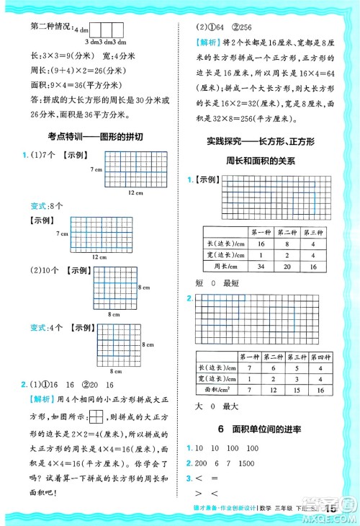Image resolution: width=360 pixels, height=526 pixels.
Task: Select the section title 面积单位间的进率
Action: click(x=269, y=429)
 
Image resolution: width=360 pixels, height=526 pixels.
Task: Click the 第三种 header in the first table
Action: click(x=312, y=232)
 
